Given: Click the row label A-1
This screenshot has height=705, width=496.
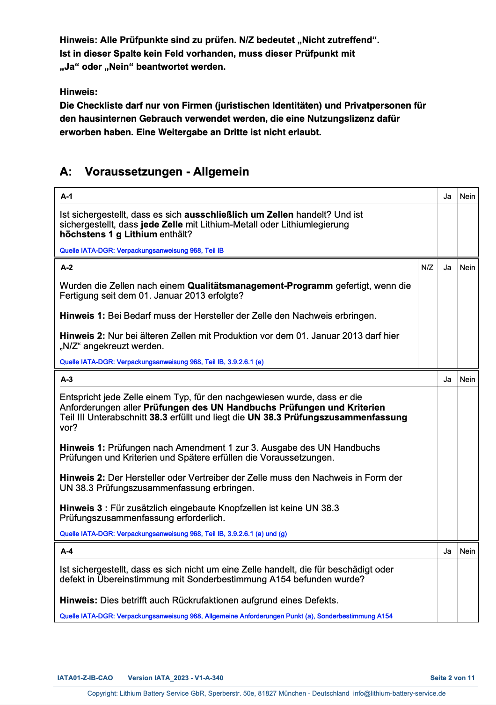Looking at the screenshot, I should pos(66,196).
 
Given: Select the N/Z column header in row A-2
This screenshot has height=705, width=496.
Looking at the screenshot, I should pos(427,267).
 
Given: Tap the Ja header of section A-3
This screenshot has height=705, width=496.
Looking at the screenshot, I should pos(447,379).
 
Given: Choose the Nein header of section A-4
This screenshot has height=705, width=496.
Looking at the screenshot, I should pos(467,551).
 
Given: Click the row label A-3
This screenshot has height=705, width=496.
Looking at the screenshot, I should pos(66,379).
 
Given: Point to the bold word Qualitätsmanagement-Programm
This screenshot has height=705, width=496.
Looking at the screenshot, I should pos(260,286).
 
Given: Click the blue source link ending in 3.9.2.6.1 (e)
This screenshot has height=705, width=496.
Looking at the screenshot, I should pos(161,362).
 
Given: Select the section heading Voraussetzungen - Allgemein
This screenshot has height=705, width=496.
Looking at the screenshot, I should pos(167,171).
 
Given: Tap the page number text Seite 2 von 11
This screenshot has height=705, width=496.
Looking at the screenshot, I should pos(452,678).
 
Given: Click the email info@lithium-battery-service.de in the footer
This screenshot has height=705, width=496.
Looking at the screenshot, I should pos(399,693).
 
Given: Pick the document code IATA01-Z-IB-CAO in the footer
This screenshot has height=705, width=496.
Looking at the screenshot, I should pos(85,678).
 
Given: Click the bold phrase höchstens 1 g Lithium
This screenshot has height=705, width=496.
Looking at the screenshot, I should pos(108,234).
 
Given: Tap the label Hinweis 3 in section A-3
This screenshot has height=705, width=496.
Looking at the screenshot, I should pos(81,508).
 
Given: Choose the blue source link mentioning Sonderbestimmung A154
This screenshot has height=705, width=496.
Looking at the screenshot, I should pos(226,616).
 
